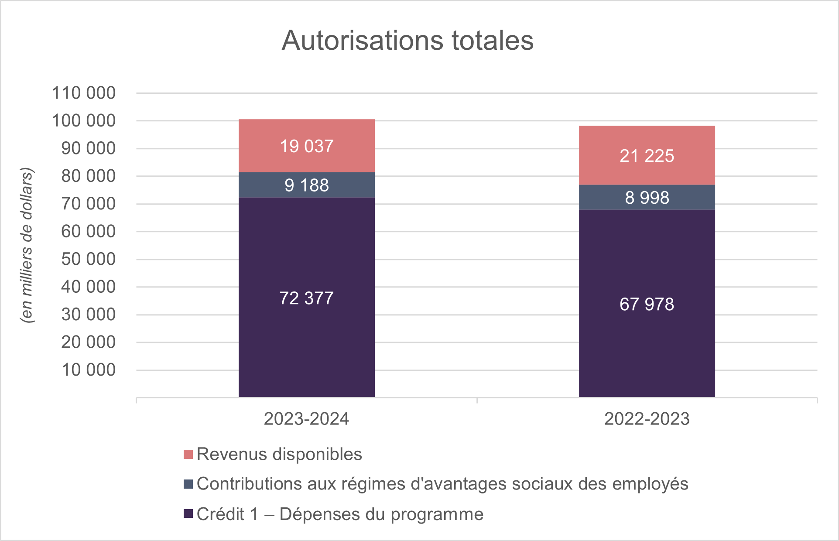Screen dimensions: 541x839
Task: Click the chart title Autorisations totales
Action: pyautogui.click(x=407, y=41)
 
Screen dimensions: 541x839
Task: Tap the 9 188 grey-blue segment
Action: pyautogui.click(x=306, y=185)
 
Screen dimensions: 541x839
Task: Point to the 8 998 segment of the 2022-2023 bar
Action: pyautogui.click(x=647, y=198)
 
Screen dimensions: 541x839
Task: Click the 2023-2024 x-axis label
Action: pyautogui.click(x=306, y=419)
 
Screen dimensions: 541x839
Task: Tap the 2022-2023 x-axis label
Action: pyautogui.click(x=647, y=419)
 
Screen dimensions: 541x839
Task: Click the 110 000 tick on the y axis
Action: pyautogui.click(x=84, y=93)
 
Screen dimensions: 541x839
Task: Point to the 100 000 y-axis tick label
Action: pyautogui.click(x=84, y=121)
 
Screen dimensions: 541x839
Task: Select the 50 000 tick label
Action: pyautogui.click(x=88, y=259)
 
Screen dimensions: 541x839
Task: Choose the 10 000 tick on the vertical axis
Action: pyautogui.click(x=88, y=370)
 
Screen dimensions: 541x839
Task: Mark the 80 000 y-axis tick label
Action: pyautogui.click(x=88, y=176)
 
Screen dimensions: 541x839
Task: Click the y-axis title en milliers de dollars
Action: pyautogui.click(x=27, y=245)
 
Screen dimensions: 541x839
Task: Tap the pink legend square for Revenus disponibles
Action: pyautogui.click(x=188, y=454)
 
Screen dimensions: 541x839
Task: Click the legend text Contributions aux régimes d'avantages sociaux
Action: pyautogui.click(x=442, y=484)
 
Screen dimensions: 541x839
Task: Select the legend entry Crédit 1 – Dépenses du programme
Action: pyautogui.click(x=340, y=514)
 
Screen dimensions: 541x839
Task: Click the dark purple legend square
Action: pyautogui.click(x=188, y=514)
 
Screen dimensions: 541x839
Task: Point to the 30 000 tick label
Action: pyautogui.click(x=88, y=315)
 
